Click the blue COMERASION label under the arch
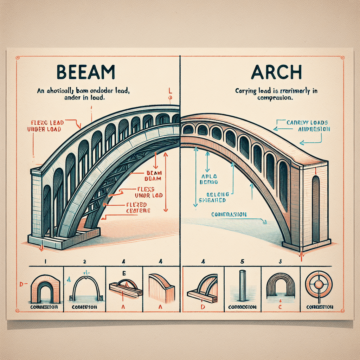click(x=229, y=214)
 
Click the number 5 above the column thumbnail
click(x=242, y=261)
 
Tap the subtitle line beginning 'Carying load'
click(x=276, y=95)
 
